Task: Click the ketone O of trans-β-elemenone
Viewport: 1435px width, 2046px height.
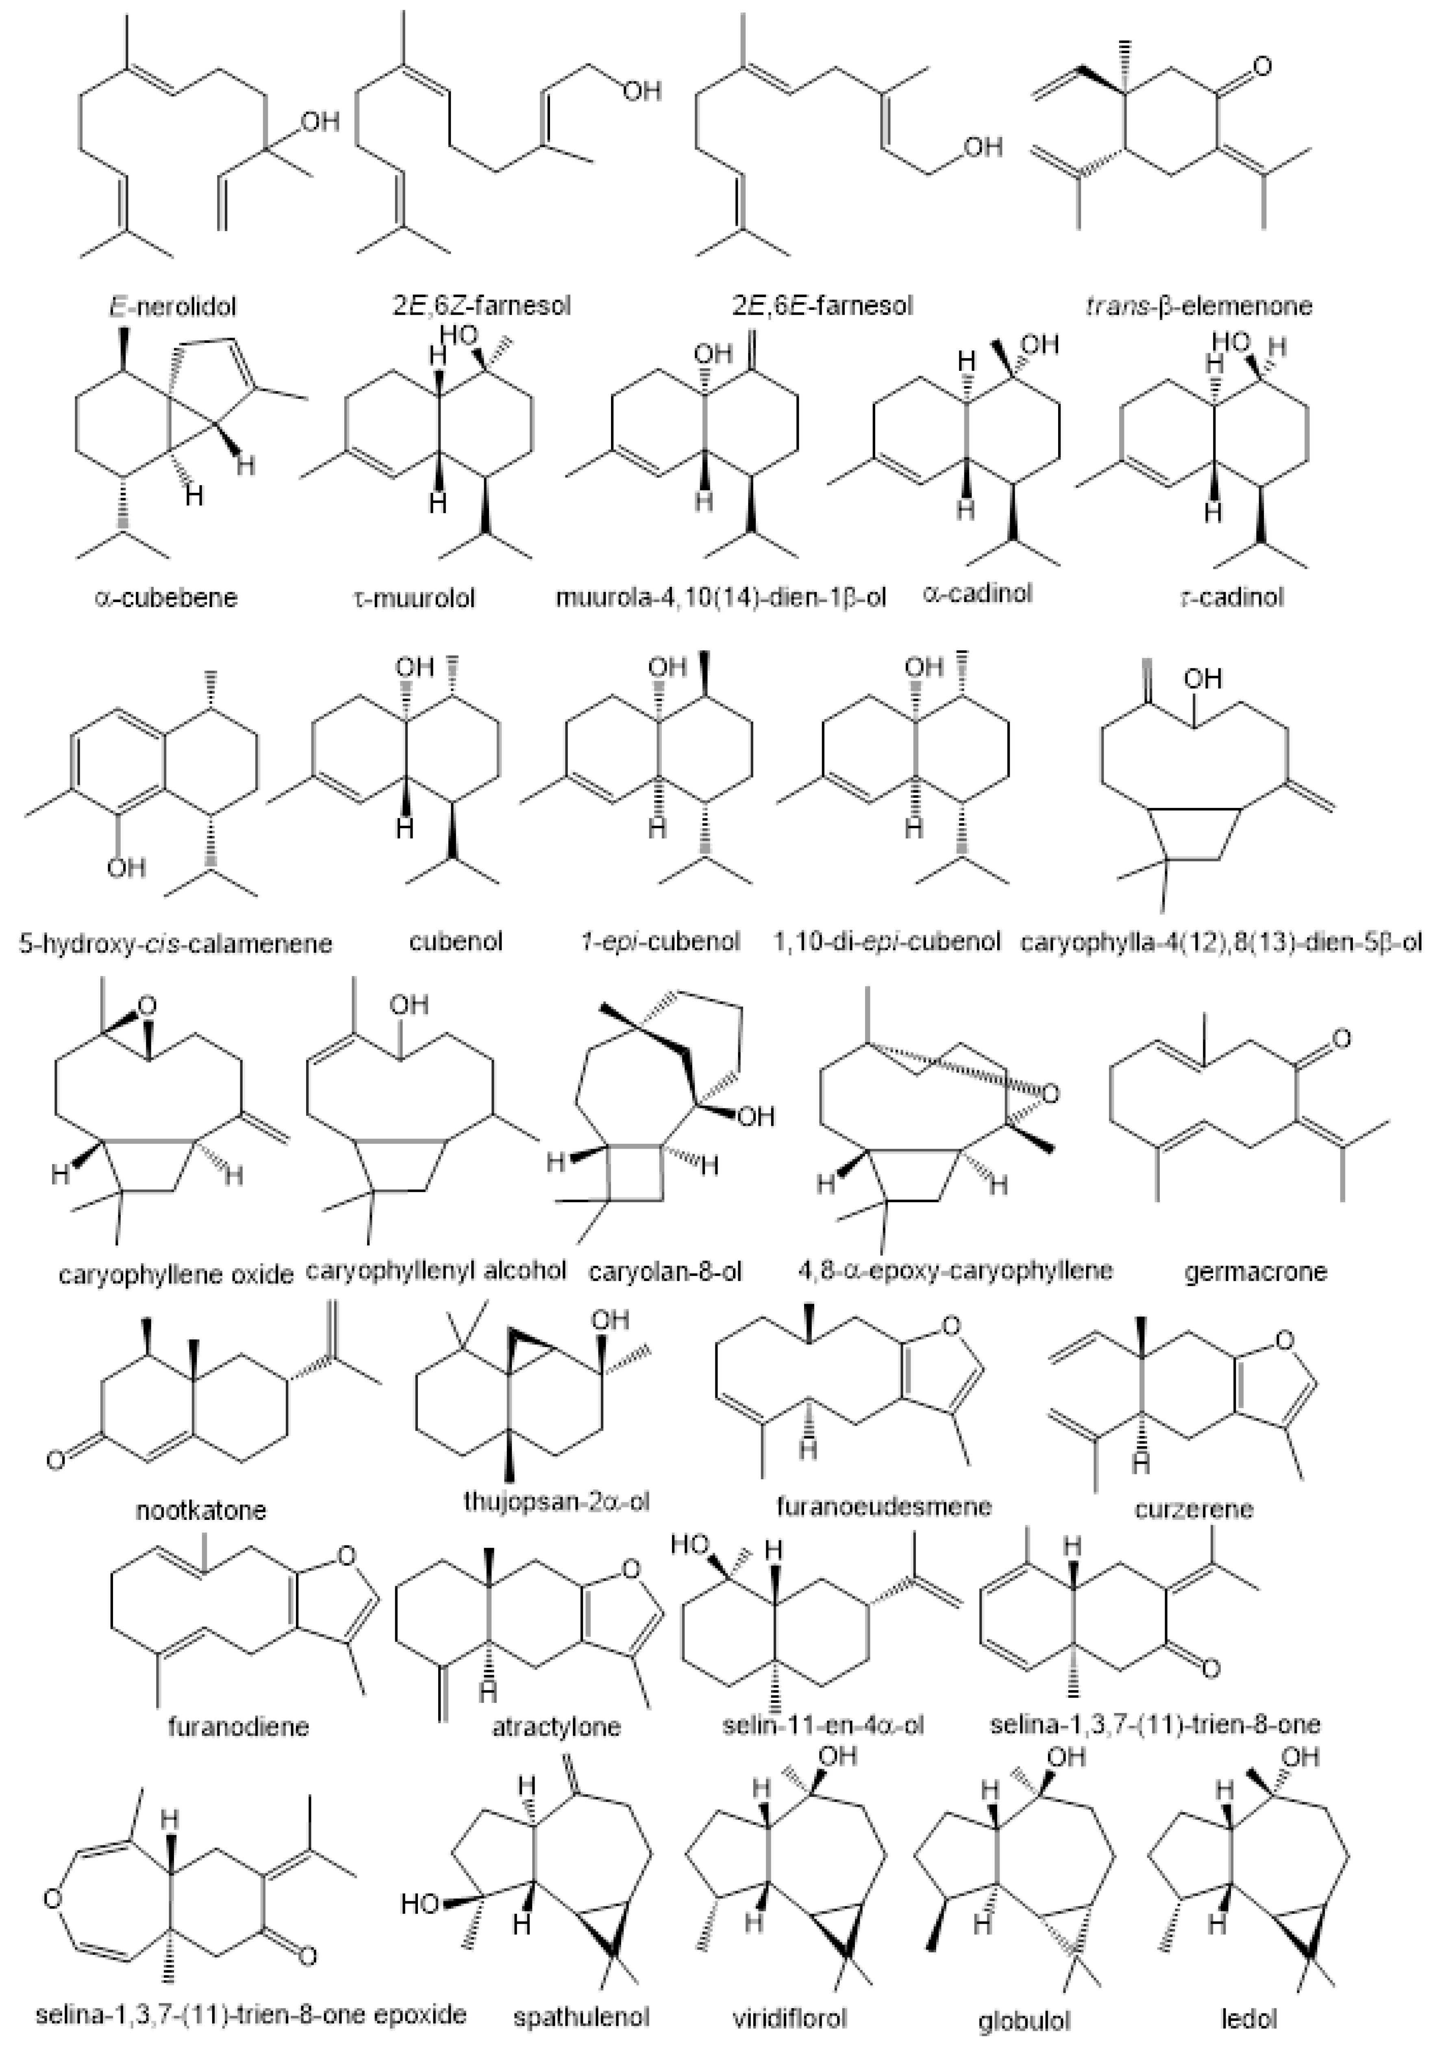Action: [1259, 67]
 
